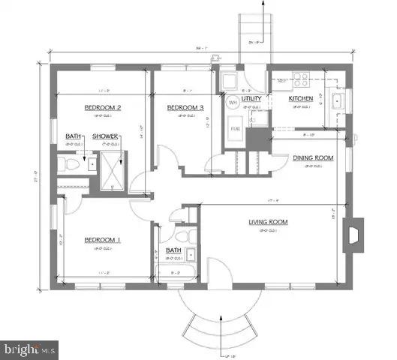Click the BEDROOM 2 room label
(x=103, y=107)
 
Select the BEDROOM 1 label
(x=103, y=240)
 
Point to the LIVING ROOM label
(x=269, y=222)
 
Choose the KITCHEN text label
(x=301, y=98)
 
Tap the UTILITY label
(x=252, y=98)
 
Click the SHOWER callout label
(x=104, y=136)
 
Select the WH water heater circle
(x=233, y=102)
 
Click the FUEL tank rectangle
(x=235, y=129)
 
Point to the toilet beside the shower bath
(x=67, y=164)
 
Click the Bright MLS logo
(x=30, y=349)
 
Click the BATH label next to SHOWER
(x=73, y=136)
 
